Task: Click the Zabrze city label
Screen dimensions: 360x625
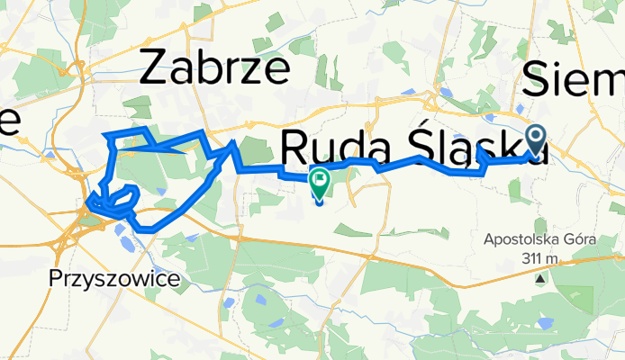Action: click(215, 69)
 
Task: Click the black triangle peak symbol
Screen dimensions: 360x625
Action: click(540, 278)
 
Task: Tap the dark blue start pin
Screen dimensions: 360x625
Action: click(536, 139)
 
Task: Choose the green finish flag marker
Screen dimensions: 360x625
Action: click(320, 182)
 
